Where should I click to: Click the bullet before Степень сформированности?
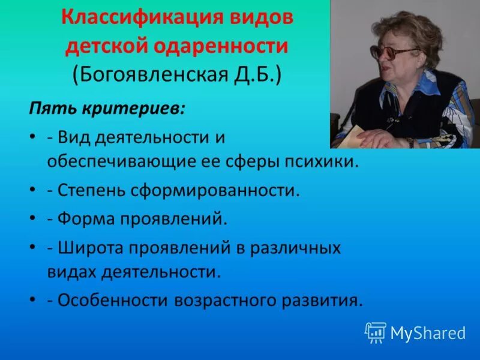point(31,191)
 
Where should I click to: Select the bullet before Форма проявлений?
point(31,218)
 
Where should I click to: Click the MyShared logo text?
point(428,332)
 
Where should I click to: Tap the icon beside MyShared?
point(375,332)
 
